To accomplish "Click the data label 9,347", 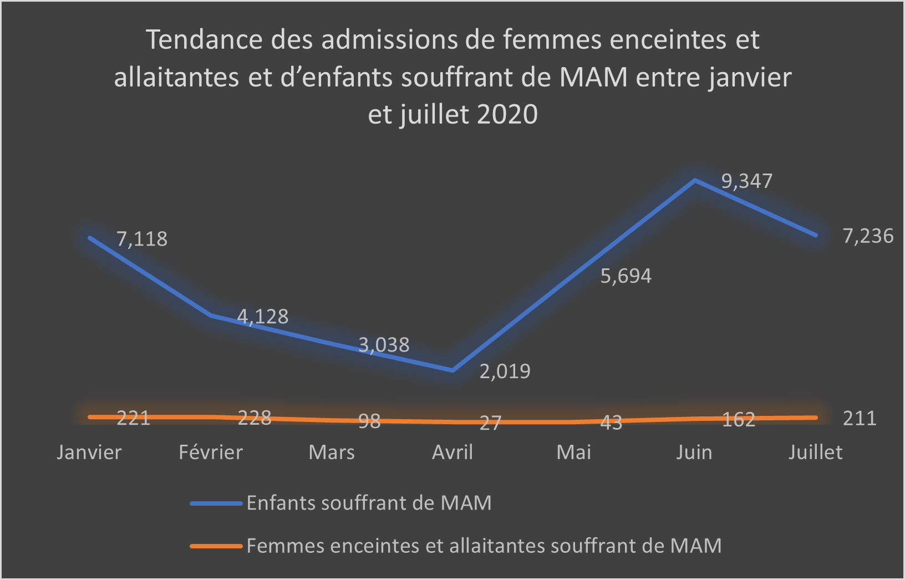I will tap(746, 181).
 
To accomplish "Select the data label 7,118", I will tap(142, 239).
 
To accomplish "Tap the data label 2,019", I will tap(505, 371).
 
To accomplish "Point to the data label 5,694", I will tap(626, 276).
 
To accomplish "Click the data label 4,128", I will tap(263, 317).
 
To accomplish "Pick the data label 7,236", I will tap(868, 236).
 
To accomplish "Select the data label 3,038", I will tap(384, 345).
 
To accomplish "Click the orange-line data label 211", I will tap(860, 418).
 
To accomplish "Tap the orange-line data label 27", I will tap(490, 423).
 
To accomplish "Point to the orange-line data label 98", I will tap(369, 421).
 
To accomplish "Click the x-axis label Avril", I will tap(452, 452).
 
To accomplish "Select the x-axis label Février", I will tap(211, 452).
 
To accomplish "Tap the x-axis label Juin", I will tap(694, 452).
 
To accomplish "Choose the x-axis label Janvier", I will tap(89, 452).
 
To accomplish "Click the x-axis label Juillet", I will tap(815, 452).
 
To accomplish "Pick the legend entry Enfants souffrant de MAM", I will tap(369, 503).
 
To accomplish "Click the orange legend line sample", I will tap(216, 546).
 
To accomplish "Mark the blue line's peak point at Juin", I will tap(695, 180).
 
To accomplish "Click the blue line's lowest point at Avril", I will tap(452, 370).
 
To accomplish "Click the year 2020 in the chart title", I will tap(507, 115).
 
